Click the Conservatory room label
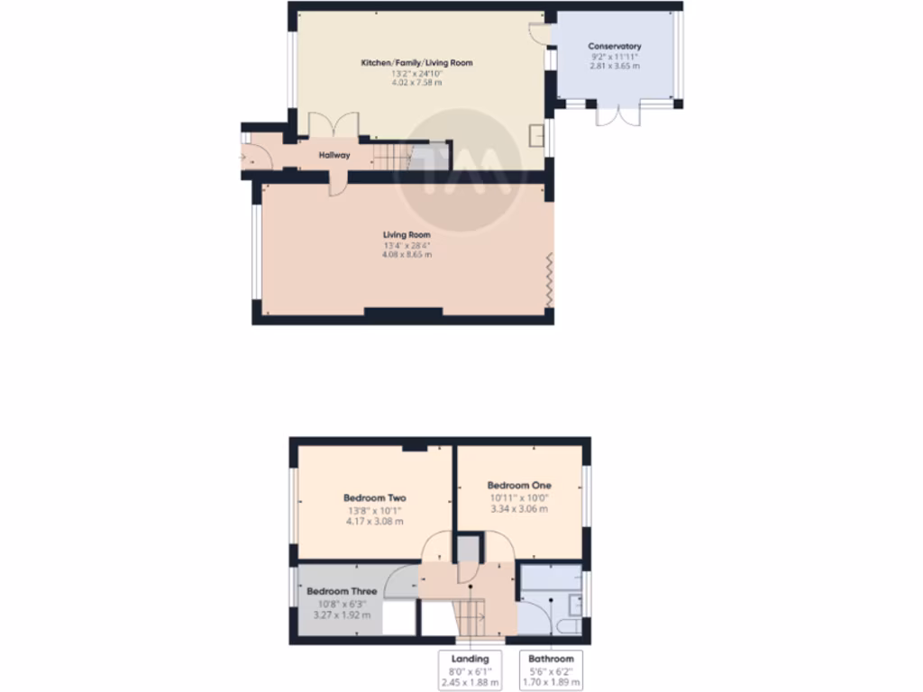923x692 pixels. click(x=614, y=46)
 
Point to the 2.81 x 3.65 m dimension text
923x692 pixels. click(x=614, y=66)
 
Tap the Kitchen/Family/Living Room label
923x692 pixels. click(x=416, y=63)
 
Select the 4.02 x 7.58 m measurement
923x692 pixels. click(x=416, y=83)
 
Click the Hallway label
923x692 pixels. click(x=334, y=156)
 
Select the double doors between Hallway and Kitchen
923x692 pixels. click(x=334, y=126)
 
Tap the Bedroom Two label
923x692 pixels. click(x=374, y=498)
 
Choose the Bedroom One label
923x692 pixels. click(x=518, y=486)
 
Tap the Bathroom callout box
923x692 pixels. click(x=551, y=669)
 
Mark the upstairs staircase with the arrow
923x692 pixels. click(x=469, y=615)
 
